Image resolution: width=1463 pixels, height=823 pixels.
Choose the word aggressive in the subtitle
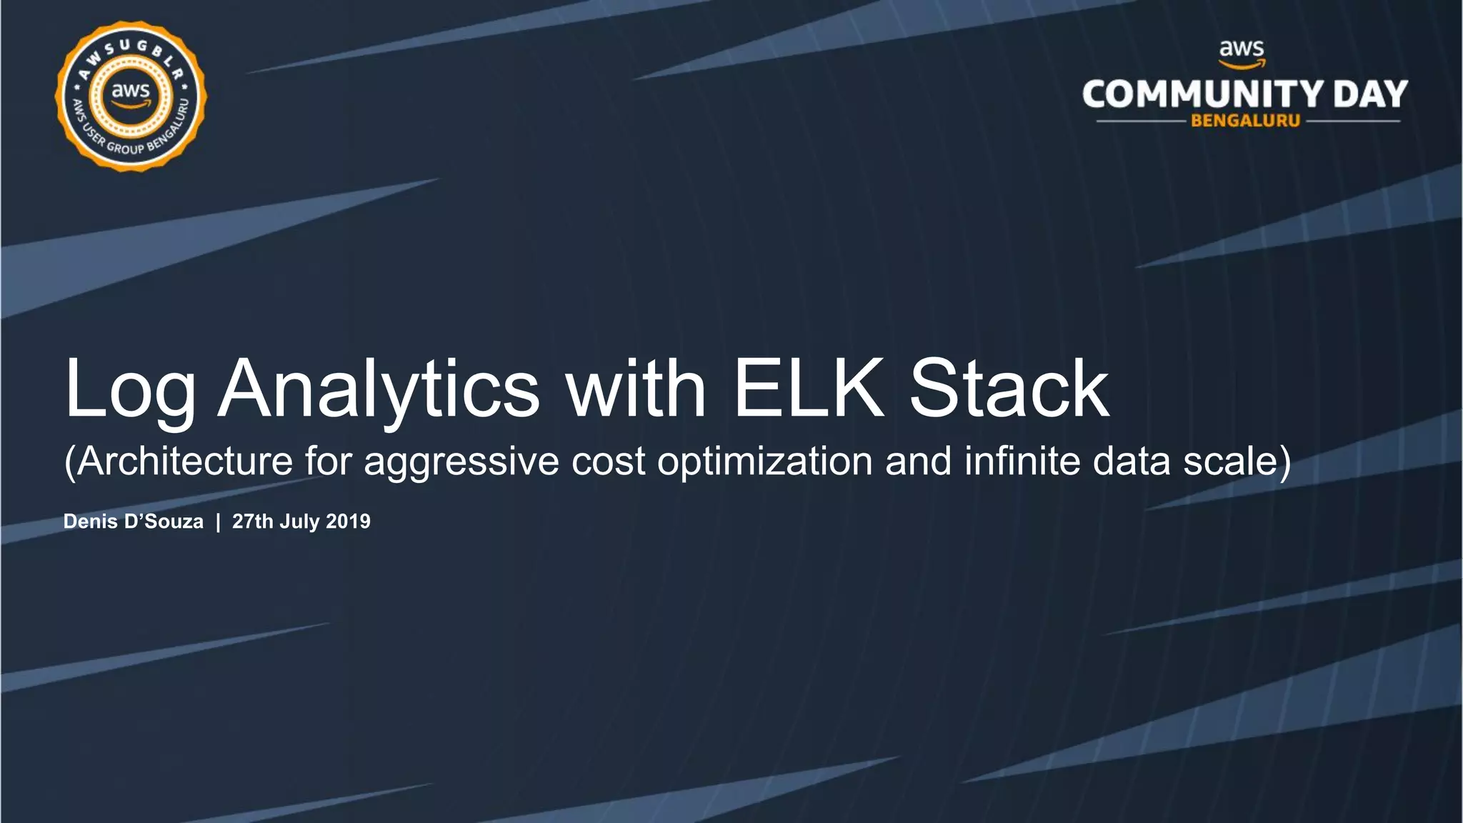[461, 462]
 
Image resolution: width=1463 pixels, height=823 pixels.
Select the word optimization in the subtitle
[764, 462]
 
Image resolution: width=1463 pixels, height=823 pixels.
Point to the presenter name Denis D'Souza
[134, 522]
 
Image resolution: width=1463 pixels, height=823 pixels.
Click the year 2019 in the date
[348, 522]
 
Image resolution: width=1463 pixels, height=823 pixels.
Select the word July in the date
[299, 522]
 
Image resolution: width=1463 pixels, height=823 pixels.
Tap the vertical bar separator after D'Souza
[218, 522]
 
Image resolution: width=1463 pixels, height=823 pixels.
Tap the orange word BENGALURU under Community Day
[1245, 121]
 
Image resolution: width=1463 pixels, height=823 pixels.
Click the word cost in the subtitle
[608, 461]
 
